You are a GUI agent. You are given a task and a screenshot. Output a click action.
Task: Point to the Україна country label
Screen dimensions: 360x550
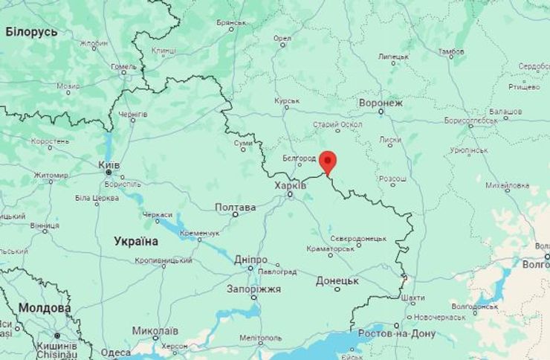[x=136, y=241]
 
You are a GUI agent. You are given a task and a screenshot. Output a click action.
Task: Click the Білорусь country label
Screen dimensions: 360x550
[x=31, y=32]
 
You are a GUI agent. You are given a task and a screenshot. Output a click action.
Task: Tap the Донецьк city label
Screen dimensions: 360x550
[x=337, y=280]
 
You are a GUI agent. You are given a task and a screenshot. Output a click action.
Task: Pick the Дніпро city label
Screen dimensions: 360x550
[x=250, y=260]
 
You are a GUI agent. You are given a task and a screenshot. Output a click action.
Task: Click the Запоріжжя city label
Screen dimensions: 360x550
[x=253, y=289]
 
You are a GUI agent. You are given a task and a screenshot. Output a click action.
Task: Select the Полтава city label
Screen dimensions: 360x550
[x=235, y=207]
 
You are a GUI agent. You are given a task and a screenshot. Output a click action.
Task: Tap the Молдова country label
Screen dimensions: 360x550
[x=44, y=307]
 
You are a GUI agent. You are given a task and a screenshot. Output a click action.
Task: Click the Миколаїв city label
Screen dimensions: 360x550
[x=155, y=330]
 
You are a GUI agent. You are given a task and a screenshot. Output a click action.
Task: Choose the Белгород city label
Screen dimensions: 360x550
[x=300, y=158]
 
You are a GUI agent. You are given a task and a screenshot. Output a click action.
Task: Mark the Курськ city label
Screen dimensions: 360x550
[x=287, y=100]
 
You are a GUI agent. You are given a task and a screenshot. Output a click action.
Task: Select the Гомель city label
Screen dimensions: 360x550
[x=124, y=66]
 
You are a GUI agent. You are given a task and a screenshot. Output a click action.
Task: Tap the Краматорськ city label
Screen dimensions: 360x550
[x=331, y=248]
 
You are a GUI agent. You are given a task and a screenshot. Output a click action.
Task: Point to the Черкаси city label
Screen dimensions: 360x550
[x=158, y=214]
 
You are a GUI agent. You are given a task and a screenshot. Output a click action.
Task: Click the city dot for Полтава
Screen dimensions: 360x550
[x=236, y=215]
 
